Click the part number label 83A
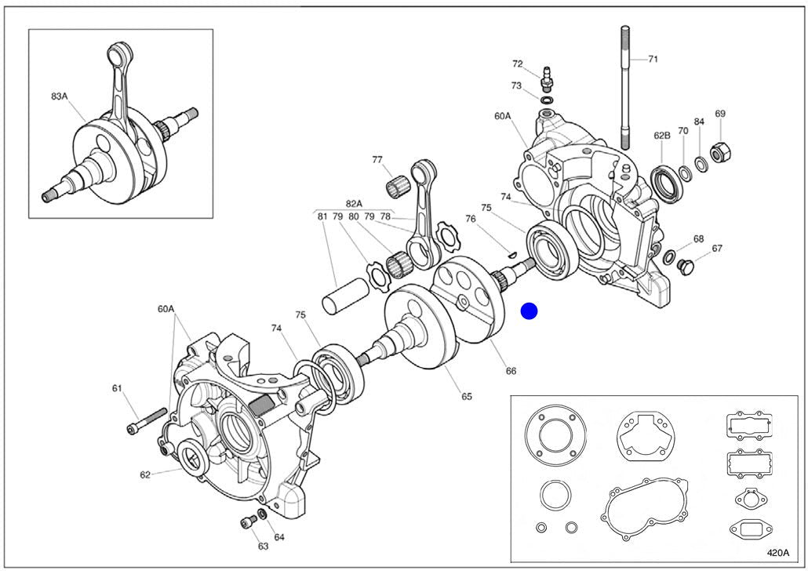tap(60, 96)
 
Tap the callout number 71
tap(653, 58)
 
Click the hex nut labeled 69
tap(717, 151)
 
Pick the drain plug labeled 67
tap(684, 267)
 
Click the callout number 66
tap(511, 371)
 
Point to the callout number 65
tap(467, 396)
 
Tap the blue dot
tap(529, 311)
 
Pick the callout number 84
tap(699, 122)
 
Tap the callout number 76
tap(471, 219)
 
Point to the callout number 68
tap(698, 238)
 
